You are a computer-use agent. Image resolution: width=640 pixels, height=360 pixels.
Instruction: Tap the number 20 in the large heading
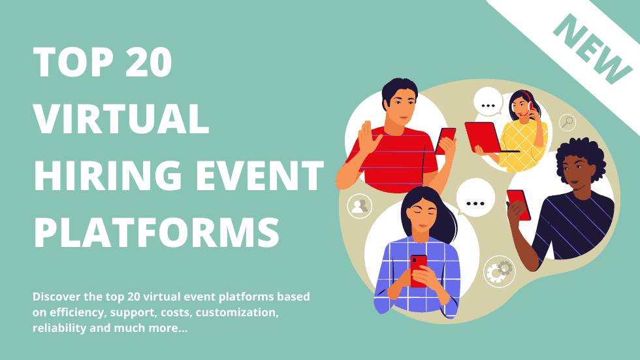(x=149, y=61)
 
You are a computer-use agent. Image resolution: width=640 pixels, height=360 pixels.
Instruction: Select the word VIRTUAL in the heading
(x=121, y=119)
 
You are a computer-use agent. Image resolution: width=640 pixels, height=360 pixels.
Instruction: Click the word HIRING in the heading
(x=108, y=176)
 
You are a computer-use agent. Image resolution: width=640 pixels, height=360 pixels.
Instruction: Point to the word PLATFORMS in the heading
(x=157, y=232)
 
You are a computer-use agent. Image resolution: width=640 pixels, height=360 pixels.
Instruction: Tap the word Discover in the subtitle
(x=56, y=297)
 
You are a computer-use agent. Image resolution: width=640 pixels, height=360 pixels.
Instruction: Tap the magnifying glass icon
(x=567, y=122)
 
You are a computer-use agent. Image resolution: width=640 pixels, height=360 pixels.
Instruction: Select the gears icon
(x=499, y=272)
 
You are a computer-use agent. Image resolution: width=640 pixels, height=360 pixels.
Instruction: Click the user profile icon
(x=360, y=206)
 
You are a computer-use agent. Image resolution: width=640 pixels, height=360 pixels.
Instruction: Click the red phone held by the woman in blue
(x=419, y=270)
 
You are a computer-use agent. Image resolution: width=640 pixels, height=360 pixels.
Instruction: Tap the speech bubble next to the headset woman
(x=488, y=102)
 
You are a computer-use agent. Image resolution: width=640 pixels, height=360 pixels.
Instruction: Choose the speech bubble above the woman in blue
(x=475, y=199)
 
